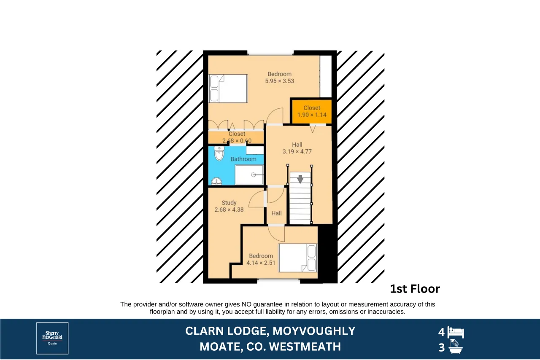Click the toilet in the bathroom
219,153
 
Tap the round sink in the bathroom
216,181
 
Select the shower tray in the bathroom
249,175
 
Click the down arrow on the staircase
300,179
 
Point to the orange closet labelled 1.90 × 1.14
312,112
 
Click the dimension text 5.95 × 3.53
280,81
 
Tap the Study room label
229,203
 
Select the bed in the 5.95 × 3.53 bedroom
228,89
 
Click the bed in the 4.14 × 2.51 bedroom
298,258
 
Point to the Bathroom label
243,159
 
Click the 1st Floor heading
415,289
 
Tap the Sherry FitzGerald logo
52,339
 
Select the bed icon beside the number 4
456,332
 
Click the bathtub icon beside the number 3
455,347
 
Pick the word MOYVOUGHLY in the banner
314,331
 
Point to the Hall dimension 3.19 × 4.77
297,152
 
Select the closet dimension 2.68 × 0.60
237,141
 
